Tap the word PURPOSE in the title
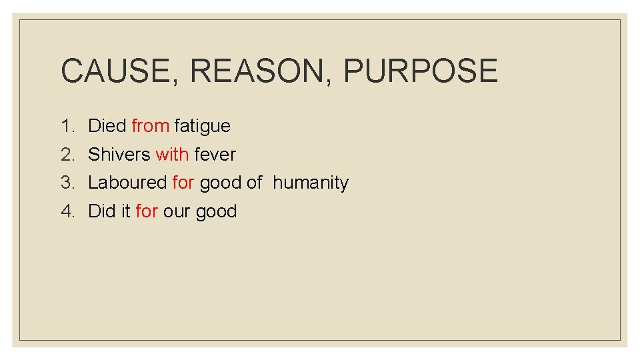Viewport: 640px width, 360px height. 421,71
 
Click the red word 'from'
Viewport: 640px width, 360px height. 150,126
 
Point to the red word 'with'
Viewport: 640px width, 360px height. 172,155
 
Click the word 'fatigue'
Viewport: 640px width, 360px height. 202,126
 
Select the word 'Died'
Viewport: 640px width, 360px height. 107,126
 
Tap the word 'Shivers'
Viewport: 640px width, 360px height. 119,155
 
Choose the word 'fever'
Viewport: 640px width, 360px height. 215,155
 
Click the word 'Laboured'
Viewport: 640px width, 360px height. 127,183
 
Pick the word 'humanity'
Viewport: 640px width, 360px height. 311,183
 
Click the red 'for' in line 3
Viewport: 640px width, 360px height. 183,183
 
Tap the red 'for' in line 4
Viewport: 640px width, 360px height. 146,211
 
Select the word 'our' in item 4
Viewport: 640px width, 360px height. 177,211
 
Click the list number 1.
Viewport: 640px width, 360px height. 67,126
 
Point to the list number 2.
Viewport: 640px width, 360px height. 67,155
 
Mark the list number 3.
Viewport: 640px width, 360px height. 67,183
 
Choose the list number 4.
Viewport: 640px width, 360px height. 67,211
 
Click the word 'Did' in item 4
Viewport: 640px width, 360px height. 101,211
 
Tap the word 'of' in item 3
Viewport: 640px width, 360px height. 254,183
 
